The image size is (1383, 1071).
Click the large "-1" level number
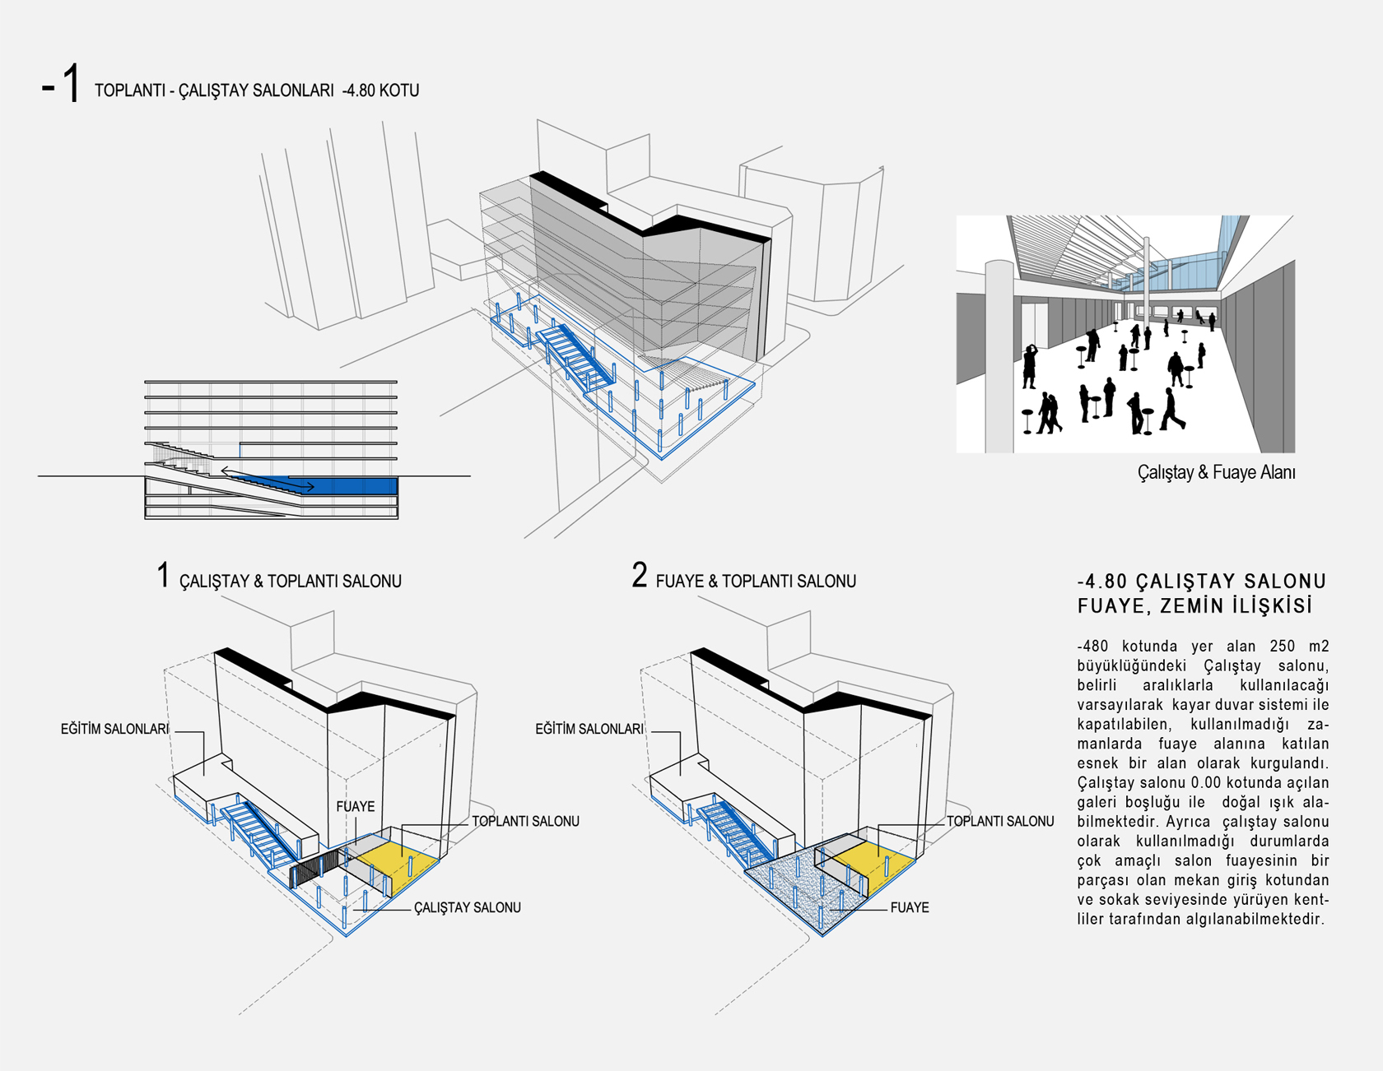(x=62, y=85)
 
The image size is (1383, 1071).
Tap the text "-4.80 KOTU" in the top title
(x=380, y=90)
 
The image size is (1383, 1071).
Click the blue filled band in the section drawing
(x=354, y=485)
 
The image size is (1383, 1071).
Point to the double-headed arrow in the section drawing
(x=268, y=479)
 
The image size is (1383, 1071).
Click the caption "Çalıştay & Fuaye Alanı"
(x=1216, y=473)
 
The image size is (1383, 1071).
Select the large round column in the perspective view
(x=999, y=357)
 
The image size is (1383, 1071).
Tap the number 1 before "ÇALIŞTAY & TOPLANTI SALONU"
(x=163, y=575)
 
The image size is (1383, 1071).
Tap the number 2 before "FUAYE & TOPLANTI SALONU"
(x=640, y=575)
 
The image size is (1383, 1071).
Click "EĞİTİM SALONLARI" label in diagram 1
(x=114, y=730)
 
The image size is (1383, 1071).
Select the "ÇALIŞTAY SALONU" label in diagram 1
(x=467, y=908)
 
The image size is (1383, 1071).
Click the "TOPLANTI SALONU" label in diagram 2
(x=1000, y=822)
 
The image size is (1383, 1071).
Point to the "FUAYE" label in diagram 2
(x=910, y=908)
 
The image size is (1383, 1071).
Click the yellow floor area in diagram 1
(x=399, y=864)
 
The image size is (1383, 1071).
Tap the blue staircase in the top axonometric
(x=576, y=354)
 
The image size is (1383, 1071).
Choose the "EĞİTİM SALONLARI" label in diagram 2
(x=589, y=730)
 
